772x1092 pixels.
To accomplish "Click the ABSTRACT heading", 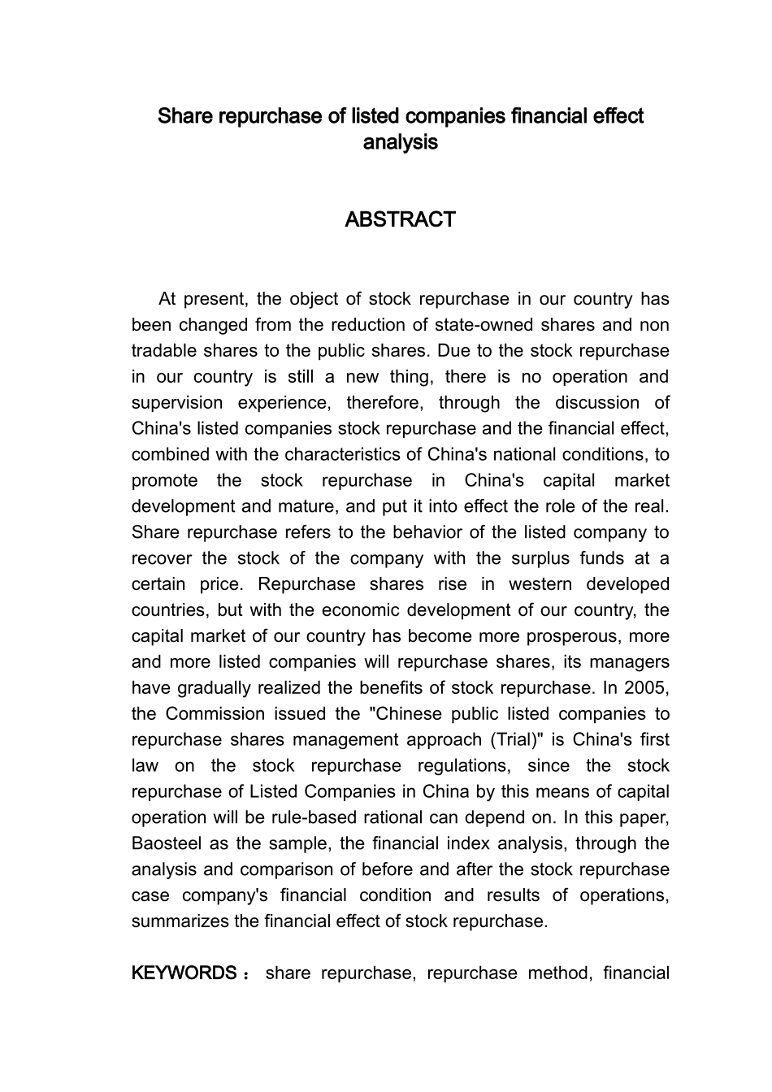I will point(400,219).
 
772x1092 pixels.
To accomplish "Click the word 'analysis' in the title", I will point(400,142).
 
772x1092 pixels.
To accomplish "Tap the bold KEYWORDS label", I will point(184,973).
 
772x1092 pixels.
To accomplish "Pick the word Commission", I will point(215,713).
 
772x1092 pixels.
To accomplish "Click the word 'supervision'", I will point(177,402).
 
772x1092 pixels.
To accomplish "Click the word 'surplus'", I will point(538,558).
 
